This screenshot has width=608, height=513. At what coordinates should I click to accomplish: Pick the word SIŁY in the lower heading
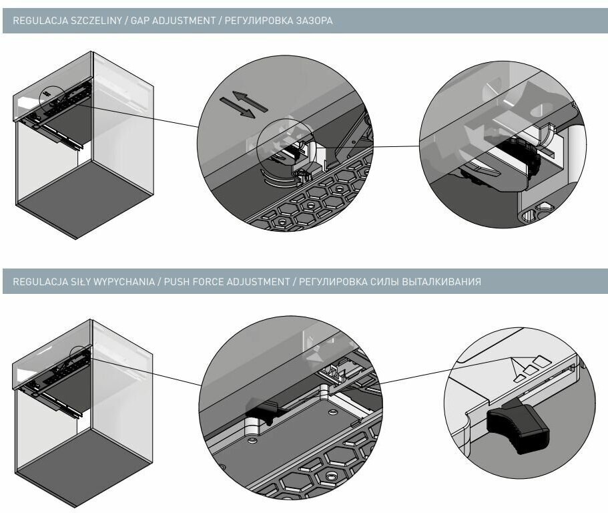(69, 282)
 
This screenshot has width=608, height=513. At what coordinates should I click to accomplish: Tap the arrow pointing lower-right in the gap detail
(237, 110)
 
